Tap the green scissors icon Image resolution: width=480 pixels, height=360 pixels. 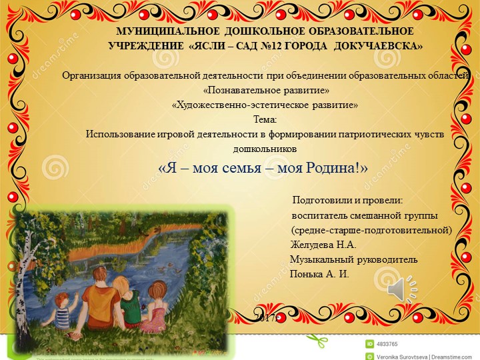point(321,341)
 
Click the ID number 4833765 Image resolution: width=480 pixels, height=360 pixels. point(387,344)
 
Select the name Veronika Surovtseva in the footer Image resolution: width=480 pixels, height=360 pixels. point(399,355)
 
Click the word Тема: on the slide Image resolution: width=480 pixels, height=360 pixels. point(265,119)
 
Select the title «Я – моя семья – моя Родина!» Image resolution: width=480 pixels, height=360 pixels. point(264,167)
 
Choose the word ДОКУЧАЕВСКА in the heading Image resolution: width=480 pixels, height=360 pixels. point(378,46)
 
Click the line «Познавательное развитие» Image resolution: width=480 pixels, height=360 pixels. point(265,90)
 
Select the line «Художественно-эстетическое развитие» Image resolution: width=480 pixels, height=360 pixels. point(265,105)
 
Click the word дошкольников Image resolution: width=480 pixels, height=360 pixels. point(265,147)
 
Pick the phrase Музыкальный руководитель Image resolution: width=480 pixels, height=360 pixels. point(354,259)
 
